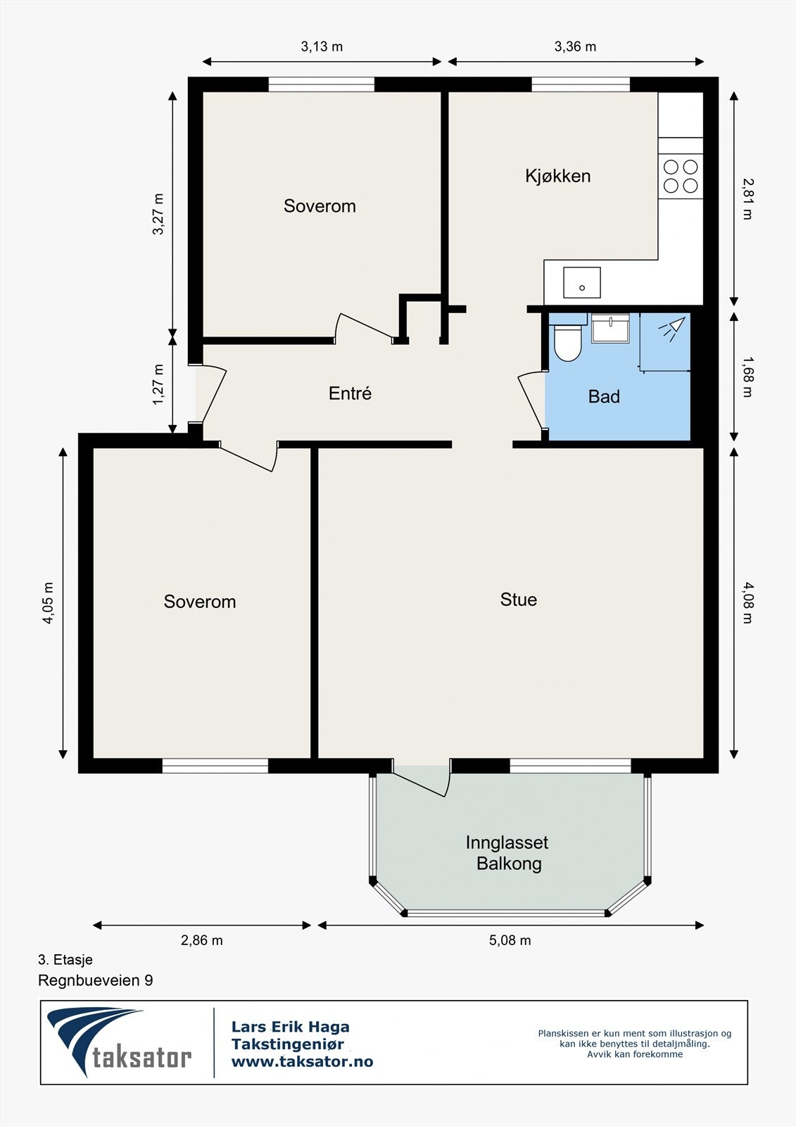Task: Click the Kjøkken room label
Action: (x=557, y=176)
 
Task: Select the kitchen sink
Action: (x=582, y=282)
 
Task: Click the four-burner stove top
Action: (x=681, y=176)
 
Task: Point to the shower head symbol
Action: (x=672, y=328)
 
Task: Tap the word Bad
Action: (x=604, y=397)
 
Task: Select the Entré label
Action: (x=350, y=393)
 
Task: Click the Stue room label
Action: (x=519, y=599)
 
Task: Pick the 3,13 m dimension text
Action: (x=322, y=46)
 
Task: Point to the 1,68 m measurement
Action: (x=747, y=377)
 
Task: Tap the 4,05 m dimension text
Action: (x=49, y=603)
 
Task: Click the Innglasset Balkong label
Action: (x=507, y=853)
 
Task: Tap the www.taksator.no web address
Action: (x=302, y=1061)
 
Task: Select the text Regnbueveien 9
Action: (x=96, y=980)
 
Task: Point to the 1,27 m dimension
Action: (x=158, y=384)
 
